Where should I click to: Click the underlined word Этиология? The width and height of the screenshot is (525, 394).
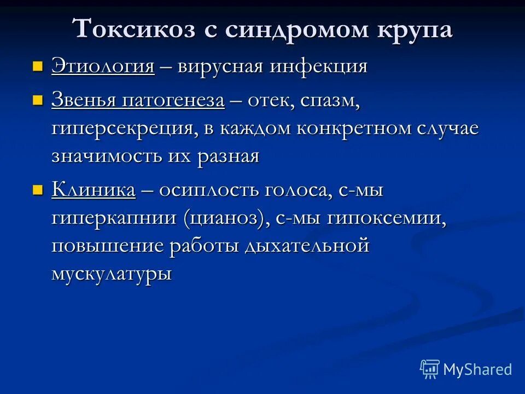pos(103,67)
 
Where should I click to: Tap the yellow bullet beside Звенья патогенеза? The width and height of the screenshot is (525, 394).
pos(37,101)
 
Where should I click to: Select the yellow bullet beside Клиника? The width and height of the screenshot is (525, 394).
pos(37,190)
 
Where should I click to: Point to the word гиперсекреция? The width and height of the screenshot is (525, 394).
pos(121,129)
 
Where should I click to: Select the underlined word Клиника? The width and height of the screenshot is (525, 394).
pos(93,190)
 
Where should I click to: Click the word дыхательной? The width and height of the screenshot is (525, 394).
pos(307,246)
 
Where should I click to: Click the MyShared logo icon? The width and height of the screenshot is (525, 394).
pos(429,369)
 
